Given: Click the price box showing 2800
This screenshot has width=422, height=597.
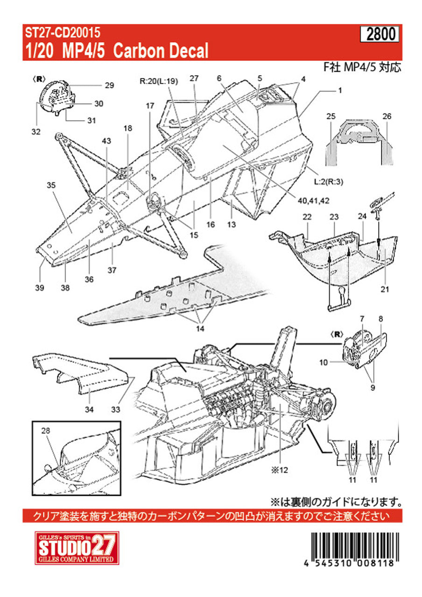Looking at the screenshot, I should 380,35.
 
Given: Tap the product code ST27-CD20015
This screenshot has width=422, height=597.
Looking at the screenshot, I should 62,33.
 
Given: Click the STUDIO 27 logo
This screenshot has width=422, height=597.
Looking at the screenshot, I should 71,548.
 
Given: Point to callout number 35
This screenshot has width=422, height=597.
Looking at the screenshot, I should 51,185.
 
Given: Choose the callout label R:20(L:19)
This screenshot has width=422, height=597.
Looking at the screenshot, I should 159,80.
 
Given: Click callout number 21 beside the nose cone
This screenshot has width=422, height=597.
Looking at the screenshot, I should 384,290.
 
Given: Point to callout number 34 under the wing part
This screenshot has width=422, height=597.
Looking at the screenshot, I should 89,410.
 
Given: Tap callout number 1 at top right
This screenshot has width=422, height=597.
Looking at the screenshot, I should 340,90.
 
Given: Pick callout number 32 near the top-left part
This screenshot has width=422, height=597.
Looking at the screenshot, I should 36,132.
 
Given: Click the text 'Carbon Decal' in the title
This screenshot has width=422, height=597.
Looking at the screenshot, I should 161,50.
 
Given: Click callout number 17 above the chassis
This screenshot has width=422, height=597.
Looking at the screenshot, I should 149,106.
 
